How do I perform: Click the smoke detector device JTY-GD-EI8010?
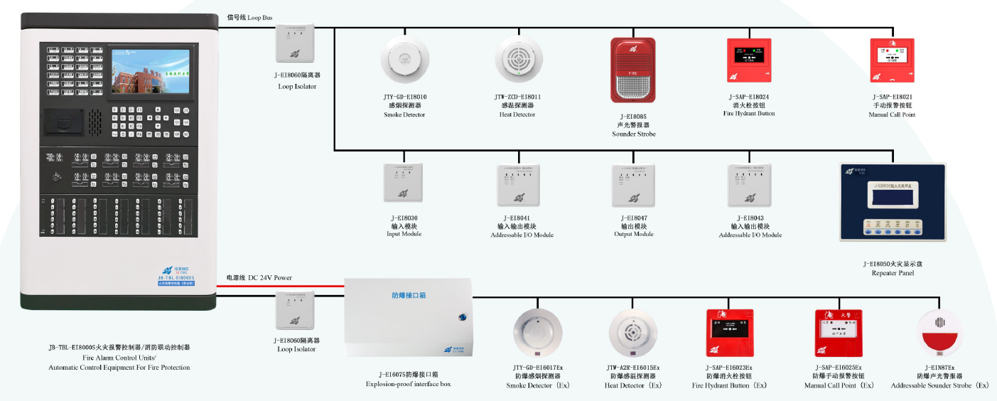(405, 60)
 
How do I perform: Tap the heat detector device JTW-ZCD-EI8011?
(519, 60)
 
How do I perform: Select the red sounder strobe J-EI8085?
(632, 70)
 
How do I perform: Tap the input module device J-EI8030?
(403, 183)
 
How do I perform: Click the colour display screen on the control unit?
(150, 75)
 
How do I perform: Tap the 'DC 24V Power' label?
(269, 277)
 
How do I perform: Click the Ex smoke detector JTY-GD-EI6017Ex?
(538, 334)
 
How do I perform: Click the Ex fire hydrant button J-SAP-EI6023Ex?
(729, 333)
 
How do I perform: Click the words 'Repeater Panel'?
(892, 273)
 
